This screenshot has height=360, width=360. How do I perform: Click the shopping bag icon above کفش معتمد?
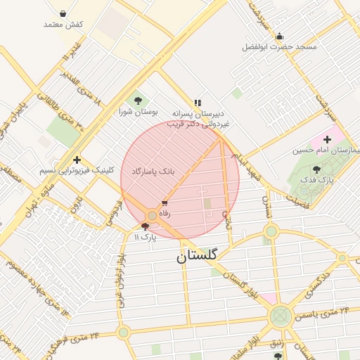63,13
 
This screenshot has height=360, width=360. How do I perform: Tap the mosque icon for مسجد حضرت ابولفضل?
280,36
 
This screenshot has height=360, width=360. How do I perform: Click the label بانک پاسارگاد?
153,171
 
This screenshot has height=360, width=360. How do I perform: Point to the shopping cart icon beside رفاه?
165,203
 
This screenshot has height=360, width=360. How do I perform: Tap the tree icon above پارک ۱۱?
146,226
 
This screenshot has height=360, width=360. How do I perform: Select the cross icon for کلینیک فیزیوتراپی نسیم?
77,160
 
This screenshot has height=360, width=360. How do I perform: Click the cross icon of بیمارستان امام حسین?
327,140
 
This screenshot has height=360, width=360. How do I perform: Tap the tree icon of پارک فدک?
316,169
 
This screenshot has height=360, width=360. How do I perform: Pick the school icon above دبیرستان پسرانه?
198,102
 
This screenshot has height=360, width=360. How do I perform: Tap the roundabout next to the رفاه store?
153,215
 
